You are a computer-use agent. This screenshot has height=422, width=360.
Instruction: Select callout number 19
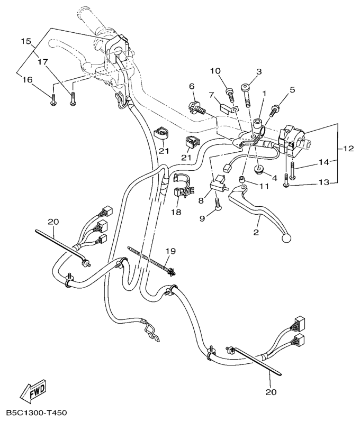coord(169,251)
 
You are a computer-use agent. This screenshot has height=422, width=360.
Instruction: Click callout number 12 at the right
coord(348,149)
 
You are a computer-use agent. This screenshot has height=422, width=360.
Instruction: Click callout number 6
coord(192,86)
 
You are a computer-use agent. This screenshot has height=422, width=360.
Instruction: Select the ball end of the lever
coord(287,238)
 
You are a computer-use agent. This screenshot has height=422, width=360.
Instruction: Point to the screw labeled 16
coord(53,102)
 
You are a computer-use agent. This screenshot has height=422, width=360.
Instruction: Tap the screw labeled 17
coord(73,99)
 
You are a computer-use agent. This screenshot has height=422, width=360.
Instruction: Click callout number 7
coord(210,95)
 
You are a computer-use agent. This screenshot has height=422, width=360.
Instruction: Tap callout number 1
coord(264,94)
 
